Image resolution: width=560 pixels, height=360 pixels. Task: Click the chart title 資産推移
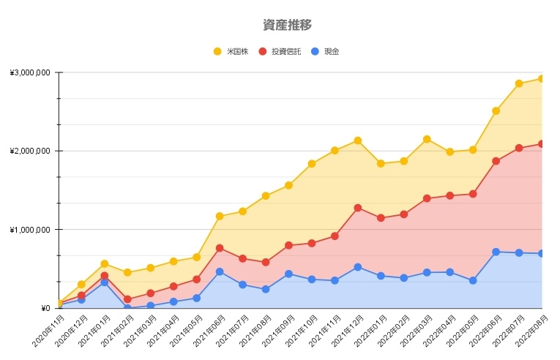coord(287,25)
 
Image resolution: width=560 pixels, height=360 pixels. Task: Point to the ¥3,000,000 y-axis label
coord(30,72)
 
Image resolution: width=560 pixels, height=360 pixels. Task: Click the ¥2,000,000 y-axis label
coord(30,151)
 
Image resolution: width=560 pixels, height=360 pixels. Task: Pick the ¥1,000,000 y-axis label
coord(30,230)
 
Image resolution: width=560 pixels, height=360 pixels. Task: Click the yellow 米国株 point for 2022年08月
coord(542,78)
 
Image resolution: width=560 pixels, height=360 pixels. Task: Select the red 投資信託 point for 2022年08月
coord(542,143)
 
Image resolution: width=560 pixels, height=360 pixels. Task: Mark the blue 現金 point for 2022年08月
coord(542,254)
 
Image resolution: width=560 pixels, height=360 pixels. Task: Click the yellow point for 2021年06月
coord(220,216)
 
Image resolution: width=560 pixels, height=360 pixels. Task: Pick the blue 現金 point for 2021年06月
coord(220,271)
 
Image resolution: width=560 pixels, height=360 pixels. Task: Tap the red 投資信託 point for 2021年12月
coord(357,208)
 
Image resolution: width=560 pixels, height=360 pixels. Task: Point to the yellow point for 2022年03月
coord(427,139)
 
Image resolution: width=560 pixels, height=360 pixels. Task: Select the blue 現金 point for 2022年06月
coord(496,252)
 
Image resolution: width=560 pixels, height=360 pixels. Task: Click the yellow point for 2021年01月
coord(105,263)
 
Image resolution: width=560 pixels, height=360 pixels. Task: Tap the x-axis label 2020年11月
coord(47,331)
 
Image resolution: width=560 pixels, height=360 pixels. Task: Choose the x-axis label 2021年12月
coord(346,331)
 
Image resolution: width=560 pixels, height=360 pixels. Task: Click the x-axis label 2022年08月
coord(530,331)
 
